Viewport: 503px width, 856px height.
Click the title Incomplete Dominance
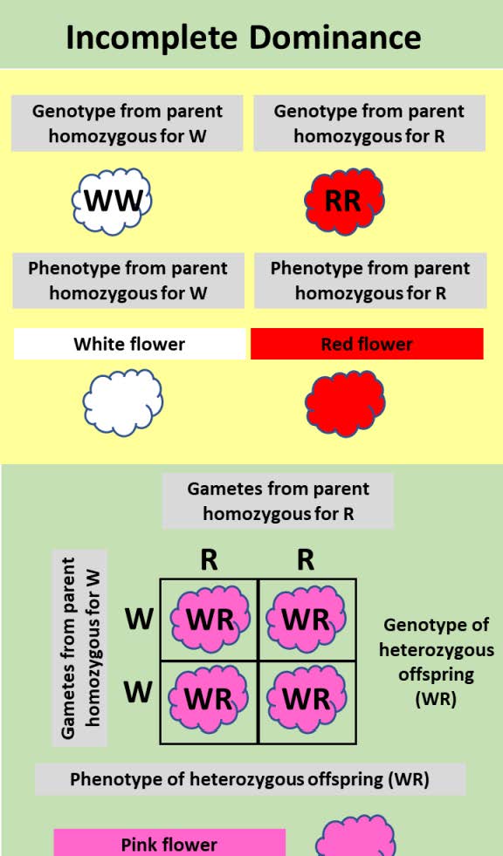coord(244,37)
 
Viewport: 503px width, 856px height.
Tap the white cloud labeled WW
coord(113,201)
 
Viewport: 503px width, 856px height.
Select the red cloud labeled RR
coord(344,201)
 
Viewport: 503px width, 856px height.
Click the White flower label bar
coord(129,344)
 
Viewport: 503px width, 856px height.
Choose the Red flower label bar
coord(367,344)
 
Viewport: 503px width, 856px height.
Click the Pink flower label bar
coord(169,843)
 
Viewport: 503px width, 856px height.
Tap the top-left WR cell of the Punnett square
coord(210,620)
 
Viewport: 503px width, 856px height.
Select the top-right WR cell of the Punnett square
coord(307,620)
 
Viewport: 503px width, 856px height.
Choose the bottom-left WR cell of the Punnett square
coord(210,700)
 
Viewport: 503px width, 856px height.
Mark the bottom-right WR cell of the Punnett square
coord(307,700)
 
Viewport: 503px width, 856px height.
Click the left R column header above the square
coord(209,559)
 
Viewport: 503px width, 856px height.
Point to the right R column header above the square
coord(306,559)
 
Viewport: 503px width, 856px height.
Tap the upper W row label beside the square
coord(138,620)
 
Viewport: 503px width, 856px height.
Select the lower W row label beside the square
coord(138,692)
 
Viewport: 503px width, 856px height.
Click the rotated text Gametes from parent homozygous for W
coord(80,647)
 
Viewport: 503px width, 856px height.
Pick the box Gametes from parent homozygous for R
coord(278,501)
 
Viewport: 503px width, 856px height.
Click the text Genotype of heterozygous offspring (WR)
coord(438,662)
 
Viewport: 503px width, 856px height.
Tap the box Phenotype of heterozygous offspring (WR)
coord(250,779)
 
